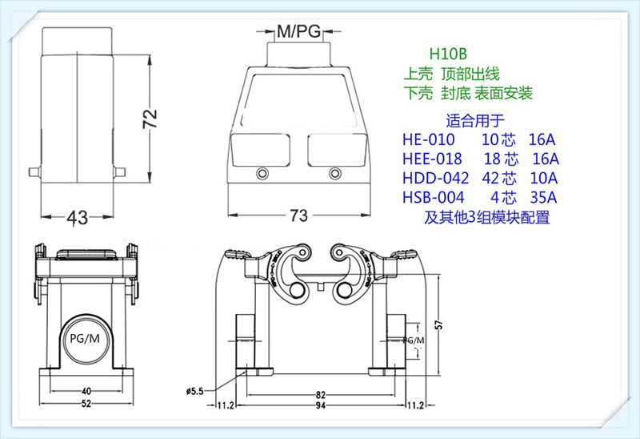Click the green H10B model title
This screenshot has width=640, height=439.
(x=447, y=54)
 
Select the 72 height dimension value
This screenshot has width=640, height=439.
(x=150, y=120)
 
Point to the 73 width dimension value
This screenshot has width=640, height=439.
(x=298, y=217)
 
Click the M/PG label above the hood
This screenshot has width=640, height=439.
(x=298, y=32)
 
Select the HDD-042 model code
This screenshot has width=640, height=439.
(x=437, y=178)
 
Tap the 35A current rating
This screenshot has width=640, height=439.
(x=544, y=197)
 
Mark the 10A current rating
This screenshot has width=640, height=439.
(x=544, y=178)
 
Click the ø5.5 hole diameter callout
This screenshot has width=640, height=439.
(x=196, y=391)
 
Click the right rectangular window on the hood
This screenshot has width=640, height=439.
(x=334, y=148)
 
